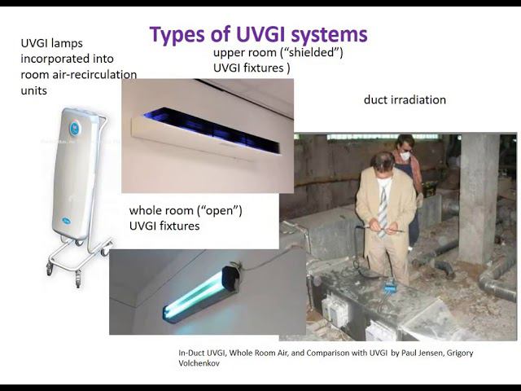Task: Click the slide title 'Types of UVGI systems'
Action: click(258, 34)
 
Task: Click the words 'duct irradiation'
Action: click(405, 100)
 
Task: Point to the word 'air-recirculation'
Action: click(91, 74)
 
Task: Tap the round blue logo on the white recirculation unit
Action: click(75, 127)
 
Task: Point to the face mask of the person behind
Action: click(404, 156)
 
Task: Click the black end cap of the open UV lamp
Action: click(230, 279)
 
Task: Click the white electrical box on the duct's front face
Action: click(335, 310)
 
